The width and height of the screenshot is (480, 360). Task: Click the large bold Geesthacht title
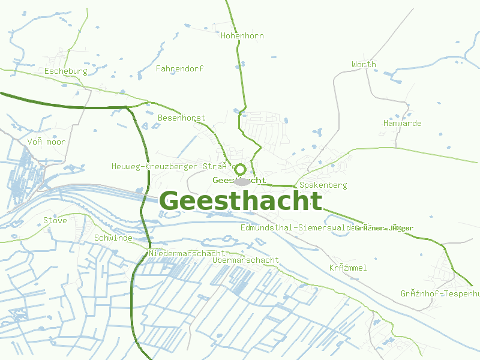(241, 202)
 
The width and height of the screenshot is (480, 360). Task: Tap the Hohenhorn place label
(242, 36)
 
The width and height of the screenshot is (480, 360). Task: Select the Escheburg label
(66, 71)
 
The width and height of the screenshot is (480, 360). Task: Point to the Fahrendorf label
(179, 69)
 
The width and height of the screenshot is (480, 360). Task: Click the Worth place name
(364, 64)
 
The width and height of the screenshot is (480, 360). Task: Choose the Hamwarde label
(402, 124)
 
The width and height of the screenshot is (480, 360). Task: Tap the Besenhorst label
(181, 118)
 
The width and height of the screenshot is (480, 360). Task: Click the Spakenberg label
(323, 185)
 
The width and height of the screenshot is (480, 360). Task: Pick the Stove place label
(55, 221)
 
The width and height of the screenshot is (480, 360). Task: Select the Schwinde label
(113, 238)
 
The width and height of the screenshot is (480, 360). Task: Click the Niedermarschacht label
(187, 254)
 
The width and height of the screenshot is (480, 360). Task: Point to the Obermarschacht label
(246, 260)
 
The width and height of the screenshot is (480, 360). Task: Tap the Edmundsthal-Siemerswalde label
(298, 228)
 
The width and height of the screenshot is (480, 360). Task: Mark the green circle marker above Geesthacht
(240, 169)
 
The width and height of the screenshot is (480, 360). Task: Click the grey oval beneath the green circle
(242, 181)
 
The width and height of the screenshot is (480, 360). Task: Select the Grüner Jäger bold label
(384, 228)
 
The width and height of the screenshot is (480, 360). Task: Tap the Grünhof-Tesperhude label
(440, 294)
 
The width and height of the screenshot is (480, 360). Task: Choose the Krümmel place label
(348, 268)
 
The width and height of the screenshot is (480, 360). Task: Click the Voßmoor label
(46, 142)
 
